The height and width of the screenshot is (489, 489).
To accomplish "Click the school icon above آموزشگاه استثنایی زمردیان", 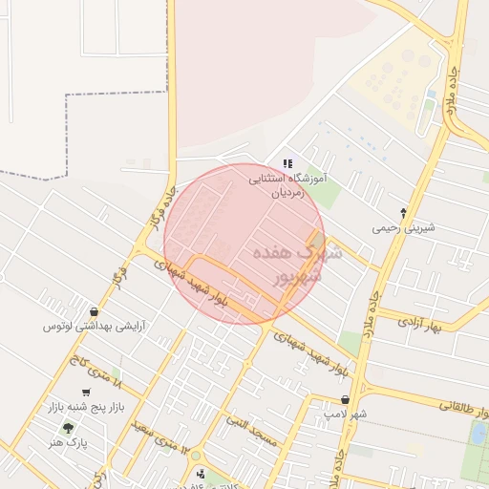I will [x=287, y=163].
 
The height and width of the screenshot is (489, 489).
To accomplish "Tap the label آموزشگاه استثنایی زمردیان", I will [x=287, y=184].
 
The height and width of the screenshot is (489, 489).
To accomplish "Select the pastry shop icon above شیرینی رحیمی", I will [x=403, y=213].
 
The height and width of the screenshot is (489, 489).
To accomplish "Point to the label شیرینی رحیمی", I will [x=403, y=228].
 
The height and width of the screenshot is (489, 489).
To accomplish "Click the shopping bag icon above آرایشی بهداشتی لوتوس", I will [x=94, y=311].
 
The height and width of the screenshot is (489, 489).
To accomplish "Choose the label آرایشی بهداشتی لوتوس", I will [x=94, y=327].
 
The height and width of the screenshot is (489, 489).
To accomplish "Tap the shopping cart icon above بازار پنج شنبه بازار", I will [x=86, y=392].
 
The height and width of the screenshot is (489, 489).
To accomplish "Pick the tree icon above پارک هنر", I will [x=68, y=429].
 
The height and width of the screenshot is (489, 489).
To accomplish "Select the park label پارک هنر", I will [x=68, y=444].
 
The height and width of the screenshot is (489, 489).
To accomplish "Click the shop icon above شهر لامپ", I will [x=345, y=400].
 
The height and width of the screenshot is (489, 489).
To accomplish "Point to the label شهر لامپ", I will [x=345, y=415].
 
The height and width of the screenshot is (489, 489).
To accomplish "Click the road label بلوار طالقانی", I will [x=463, y=409].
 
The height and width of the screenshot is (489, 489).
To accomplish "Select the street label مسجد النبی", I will [x=251, y=432].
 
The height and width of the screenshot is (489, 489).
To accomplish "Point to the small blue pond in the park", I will [x=478, y=433].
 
